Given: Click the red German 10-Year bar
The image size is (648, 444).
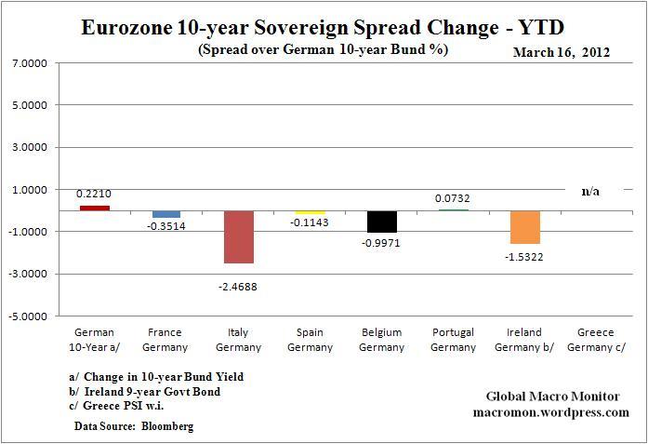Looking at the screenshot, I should pyautogui.click(x=94, y=208).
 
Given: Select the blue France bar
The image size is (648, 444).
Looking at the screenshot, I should pyautogui.click(x=166, y=214).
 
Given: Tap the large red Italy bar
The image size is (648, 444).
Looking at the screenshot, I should pyautogui.click(x=239, y=236).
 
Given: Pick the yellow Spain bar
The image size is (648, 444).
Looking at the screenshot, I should pyautogui.click(x=311, y=212).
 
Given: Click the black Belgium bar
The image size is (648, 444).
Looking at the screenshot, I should pyautogui.click(x=382, y=222).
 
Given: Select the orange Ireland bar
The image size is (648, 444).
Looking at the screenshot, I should pyautogui.click(x=525, y=227).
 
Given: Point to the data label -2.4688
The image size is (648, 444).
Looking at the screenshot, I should pyautogui.click(x=238, y=287).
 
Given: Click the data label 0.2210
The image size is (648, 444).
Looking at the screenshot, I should pyautogui.click(x=94, y=194).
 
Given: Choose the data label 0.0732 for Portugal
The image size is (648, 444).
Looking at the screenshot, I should pyautogui.click(x=453, y=198).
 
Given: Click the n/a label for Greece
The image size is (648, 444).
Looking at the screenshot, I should pyautogui.click(x=590, y=191).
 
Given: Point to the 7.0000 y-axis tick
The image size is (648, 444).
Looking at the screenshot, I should pyautogui.click(x=30, y=63).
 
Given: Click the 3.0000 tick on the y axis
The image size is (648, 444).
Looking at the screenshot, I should pyautogui.click(x=30, y=147).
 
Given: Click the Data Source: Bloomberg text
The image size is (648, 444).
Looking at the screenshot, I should pyautogui.click(x=135, y=425).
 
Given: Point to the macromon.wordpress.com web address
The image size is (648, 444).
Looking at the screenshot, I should pyautogui.click(x=550, y=412).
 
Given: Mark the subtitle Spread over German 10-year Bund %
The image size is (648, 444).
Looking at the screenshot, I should pyautogui.click(x=323, y=49).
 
